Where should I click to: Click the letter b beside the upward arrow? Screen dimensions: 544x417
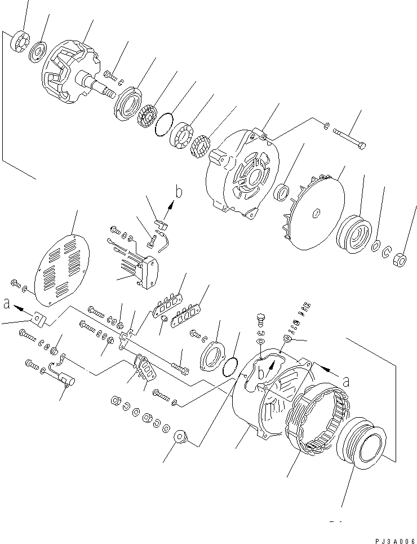click(x=179, y=193)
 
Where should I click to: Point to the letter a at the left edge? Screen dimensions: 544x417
click(x=6, y=304)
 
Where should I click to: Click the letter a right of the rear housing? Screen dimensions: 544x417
click(x=345, y=382)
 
